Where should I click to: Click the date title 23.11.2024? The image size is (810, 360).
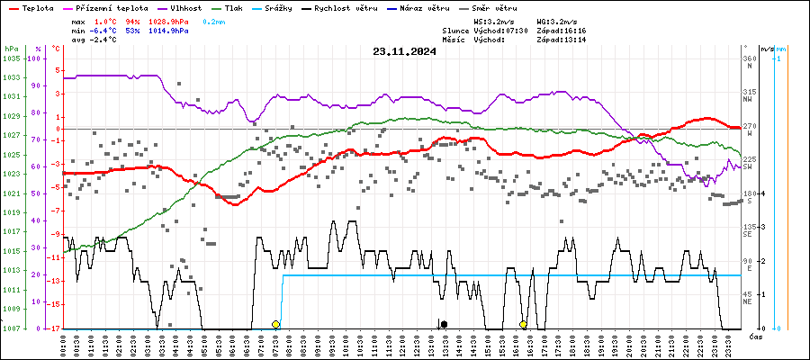tap(404, 51)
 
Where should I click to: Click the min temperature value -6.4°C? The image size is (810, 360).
tap(105, 30)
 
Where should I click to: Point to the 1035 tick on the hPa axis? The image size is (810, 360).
tap(12, 58)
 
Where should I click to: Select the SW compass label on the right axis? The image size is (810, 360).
tap(748, 167)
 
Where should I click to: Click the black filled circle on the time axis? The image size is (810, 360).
tap(444, 324)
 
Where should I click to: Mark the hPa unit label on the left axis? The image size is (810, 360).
tap(11, 48)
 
